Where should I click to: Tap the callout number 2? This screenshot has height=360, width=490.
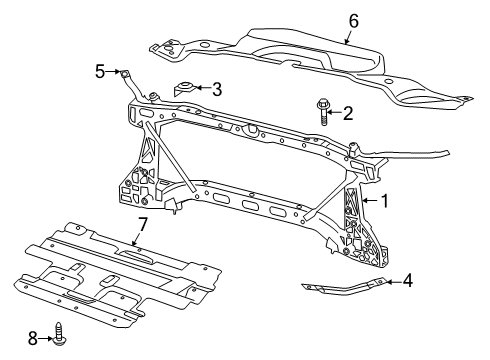[x=348, y=113]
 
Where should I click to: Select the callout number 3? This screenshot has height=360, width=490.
[x=216, y=88]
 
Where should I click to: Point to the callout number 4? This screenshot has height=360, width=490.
[x=407, y=282]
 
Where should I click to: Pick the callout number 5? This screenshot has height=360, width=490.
[x=100, y=71]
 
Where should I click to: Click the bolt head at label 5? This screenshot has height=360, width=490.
[x=126, y=72]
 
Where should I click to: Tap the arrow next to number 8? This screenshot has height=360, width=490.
[x=46, y=339]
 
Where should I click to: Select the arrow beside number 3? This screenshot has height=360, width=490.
[x=203, y=88]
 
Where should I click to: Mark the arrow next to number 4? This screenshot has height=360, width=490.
[x=394, y=282]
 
